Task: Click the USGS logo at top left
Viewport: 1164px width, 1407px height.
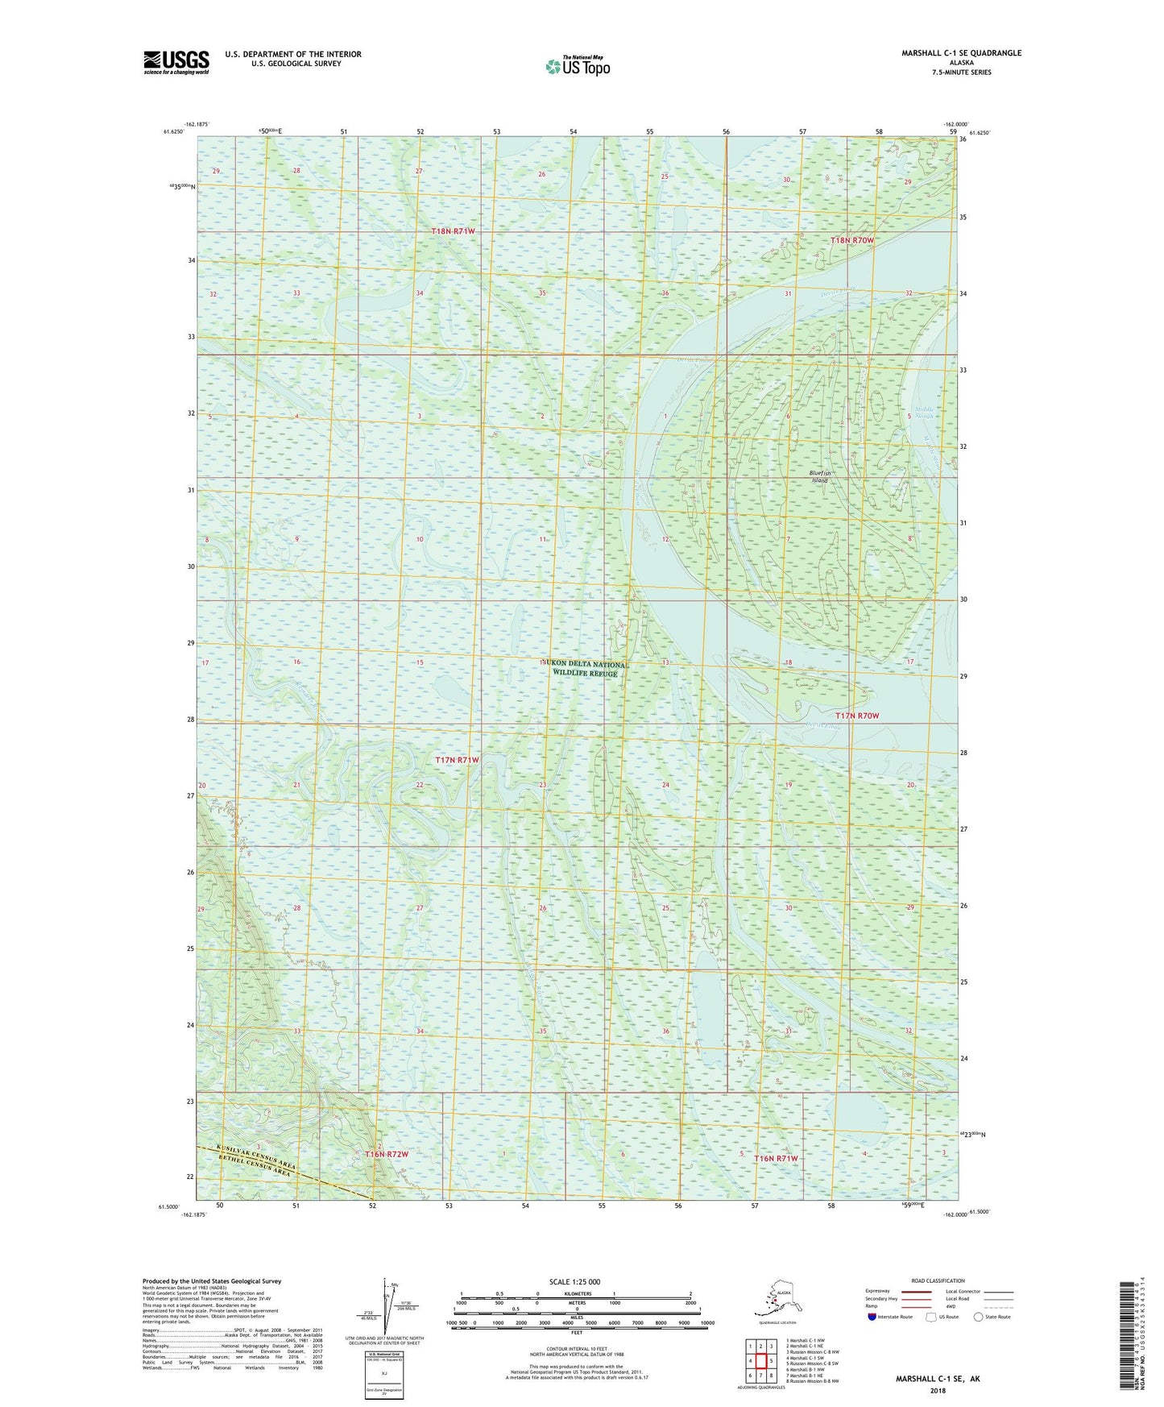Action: pos(176,62)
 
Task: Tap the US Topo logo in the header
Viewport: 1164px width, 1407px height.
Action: pos(577,66)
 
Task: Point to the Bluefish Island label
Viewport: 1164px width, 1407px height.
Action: pos(818,476)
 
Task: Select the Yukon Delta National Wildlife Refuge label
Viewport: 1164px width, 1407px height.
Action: pos(585,668)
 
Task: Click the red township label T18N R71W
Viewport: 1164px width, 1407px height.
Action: pos(453,231)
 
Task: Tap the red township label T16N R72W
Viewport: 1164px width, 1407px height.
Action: pos(387,1154)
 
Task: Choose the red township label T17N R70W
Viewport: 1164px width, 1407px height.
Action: pos(856,716)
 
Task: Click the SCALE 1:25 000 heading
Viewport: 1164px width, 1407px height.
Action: pos(574,1282)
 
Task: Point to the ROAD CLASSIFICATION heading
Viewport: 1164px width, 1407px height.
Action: pos(938,1280)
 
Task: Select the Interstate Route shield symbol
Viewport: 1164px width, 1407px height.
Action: pos(872,1317)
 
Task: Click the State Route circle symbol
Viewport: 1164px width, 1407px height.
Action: pos(978,1317)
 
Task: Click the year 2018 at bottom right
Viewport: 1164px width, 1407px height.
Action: pos(938,1390)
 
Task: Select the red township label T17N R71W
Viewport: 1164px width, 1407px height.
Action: pos(457,760)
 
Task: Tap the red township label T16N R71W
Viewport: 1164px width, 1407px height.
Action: pos(776,1158)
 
